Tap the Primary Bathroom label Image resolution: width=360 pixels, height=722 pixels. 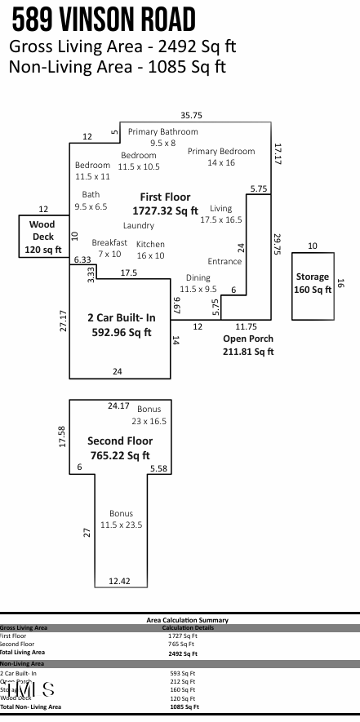[162, 136]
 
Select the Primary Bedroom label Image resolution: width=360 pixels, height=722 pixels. [221, 157]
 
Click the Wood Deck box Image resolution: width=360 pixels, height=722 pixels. [42, 237]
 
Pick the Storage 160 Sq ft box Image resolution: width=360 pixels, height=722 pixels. [313, 282]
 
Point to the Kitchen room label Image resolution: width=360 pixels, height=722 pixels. [150, 250]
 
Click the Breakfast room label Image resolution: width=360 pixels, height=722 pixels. [109, 248]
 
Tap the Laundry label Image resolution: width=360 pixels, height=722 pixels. [139, 225]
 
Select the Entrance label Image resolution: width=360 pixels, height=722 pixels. [224, 261]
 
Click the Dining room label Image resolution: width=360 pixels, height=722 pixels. [198, 283]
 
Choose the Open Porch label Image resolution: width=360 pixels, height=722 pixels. [248, 344]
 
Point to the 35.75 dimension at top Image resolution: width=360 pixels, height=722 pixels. [191, 115]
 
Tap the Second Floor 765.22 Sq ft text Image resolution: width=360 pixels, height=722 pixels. [119, 448]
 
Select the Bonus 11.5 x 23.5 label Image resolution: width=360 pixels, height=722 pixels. [121, 519]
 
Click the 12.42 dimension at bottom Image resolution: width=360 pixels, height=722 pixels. [119, 581]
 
